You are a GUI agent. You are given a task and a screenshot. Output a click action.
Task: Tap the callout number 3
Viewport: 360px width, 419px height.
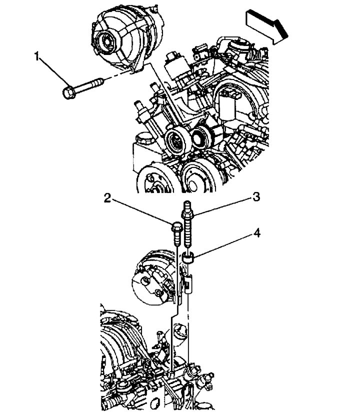point(256,197)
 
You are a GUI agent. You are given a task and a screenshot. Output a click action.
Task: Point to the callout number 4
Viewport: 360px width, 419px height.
point(256,232)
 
